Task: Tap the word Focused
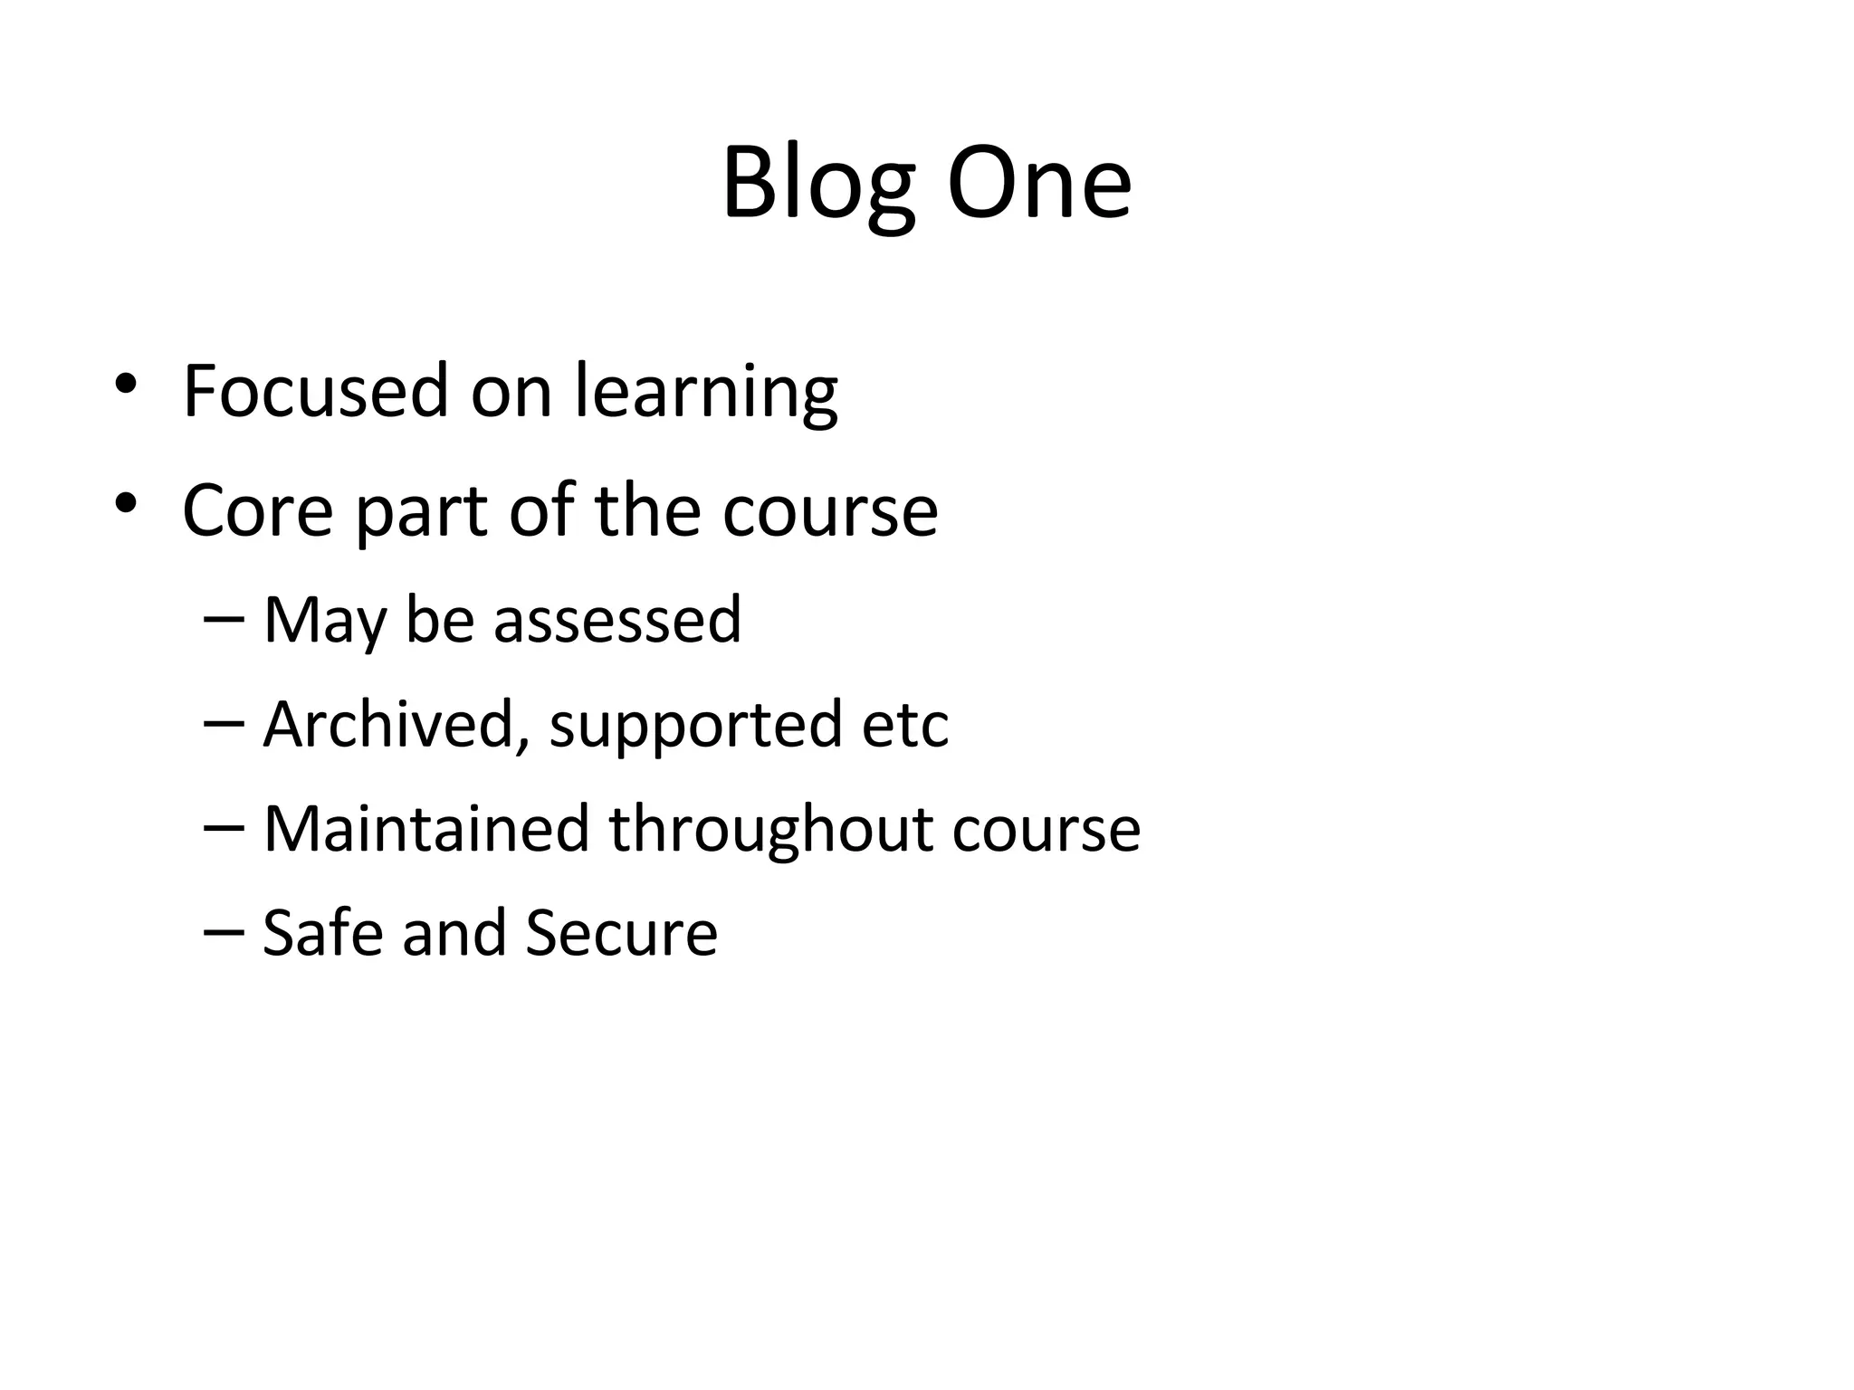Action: click(x=316, y=391)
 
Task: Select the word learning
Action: click(x=706, y=393)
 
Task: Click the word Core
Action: click(x=258, y=510)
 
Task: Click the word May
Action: click(x=325, y=622)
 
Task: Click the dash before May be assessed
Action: click(x=224, y=618)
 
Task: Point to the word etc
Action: click(x=905, y=726)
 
